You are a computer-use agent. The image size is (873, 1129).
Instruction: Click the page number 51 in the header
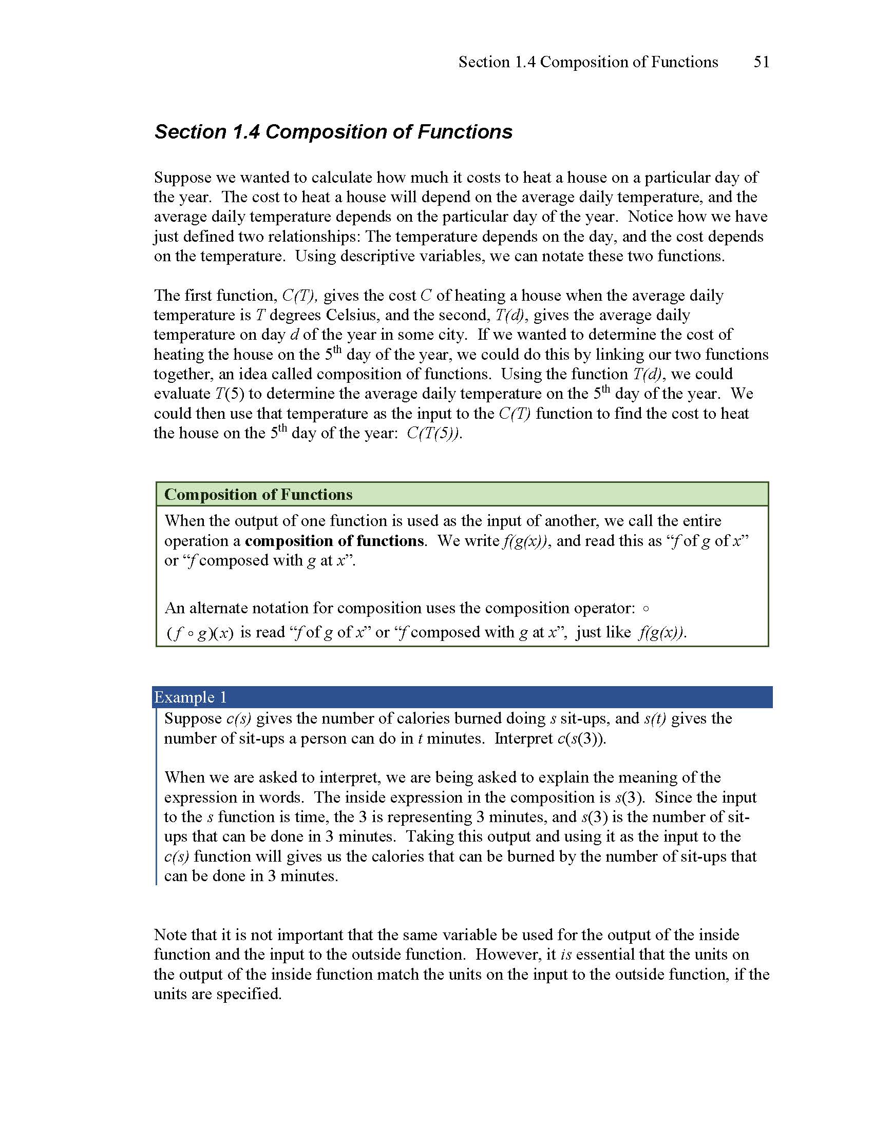(x=761, y=62)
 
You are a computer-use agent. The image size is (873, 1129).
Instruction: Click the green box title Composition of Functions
(x=258, y=495)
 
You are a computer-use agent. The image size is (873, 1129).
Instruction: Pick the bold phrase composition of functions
(x=334, y=541)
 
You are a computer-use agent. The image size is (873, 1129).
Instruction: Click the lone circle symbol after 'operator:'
(x=645, y=609)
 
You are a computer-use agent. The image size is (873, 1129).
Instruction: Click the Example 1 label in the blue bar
(x=191, y=697)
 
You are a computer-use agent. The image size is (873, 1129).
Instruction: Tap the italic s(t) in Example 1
(x=655, y=718)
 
